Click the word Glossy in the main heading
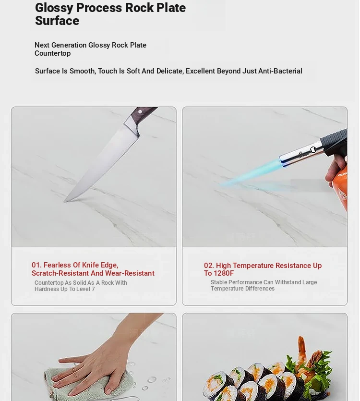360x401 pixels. (x=54, y=8)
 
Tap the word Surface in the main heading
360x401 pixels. (x=57, y=21)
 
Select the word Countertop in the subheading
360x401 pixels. (x=53, y=53)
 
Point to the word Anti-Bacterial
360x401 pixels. (x=280, y=71)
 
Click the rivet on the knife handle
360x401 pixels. (x=140, y=112)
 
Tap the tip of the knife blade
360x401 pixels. (x=64, y=202)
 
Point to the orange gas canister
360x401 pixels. (x=339, y=190)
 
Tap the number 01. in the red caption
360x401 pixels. (x=36, y=265)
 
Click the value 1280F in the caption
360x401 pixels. (x=224, y=273)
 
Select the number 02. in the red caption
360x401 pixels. (x=209, y=266)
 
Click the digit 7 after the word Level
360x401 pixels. (x=93, y=289)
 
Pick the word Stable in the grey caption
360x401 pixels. (x=218, y=282)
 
